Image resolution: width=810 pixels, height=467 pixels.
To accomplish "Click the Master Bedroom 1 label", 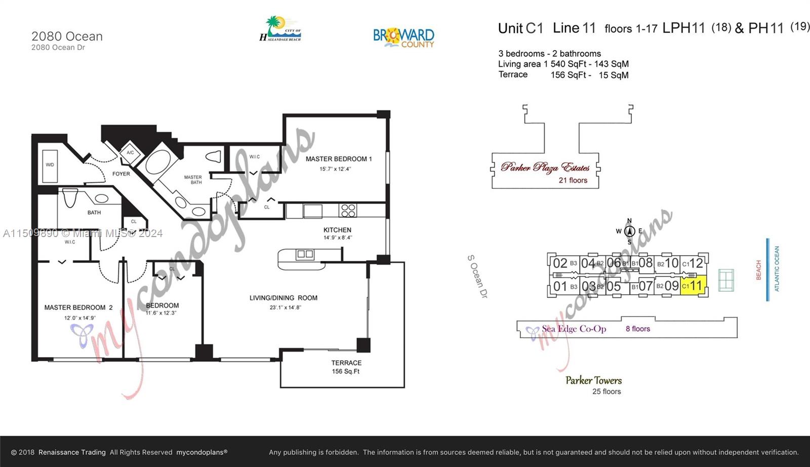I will [338, 159].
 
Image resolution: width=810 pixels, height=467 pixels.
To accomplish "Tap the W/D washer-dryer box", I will [50, 165].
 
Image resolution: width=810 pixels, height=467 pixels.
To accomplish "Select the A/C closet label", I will [130, 152].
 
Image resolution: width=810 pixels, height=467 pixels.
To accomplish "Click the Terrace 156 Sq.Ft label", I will [346, 367].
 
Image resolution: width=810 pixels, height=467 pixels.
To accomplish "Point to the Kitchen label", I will [337, 230].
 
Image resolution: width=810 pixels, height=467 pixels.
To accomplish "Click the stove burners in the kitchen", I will [348, 210].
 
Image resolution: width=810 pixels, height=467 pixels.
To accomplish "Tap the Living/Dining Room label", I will [283, 298].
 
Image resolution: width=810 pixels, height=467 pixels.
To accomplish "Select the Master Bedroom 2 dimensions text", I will [79, 318].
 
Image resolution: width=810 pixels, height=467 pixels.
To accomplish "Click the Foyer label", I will [121, 174].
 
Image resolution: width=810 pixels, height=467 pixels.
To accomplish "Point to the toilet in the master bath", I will [215, 157].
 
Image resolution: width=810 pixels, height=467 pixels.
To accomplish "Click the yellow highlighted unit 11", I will [693, 286].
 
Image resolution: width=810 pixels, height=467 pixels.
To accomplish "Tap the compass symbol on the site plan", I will [629, 231].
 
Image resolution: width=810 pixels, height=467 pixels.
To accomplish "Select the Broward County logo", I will [403, 37].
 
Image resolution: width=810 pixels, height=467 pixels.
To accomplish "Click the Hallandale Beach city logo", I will [280, 29].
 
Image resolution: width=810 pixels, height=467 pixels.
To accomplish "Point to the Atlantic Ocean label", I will [777, 268].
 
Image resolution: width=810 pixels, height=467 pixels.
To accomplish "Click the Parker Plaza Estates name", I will [545, 167].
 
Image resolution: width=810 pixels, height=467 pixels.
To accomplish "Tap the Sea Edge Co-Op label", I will [574, 329].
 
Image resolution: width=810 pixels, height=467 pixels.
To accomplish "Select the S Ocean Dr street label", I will [477, 276].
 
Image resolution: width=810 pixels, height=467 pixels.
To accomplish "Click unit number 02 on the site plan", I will [559, 263].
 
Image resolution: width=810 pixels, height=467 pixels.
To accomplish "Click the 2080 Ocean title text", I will [67, 36].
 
